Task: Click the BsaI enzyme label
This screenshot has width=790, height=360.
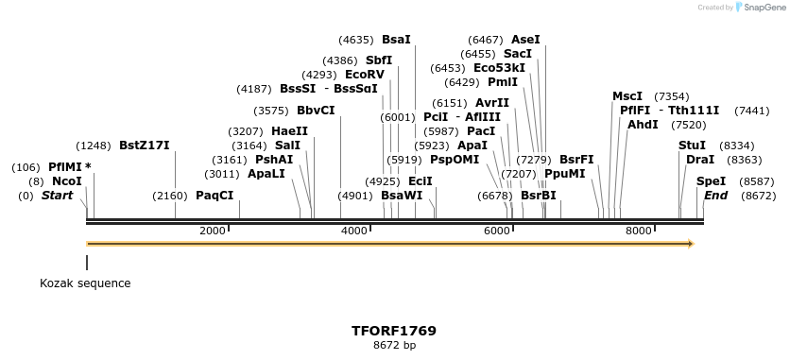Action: coord(396,41)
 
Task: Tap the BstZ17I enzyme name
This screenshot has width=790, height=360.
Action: coord(144,146)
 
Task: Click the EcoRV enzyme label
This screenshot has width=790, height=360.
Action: coord(365,74)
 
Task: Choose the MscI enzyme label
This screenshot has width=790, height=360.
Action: coord(627,96)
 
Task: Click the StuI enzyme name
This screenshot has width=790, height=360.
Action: coord(692,146)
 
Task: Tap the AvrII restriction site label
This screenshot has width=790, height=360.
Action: coord(491,103)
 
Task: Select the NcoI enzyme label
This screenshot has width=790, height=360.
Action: coord(67,180)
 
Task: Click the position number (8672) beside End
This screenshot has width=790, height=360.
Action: coord(759,196)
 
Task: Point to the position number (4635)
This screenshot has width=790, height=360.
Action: coord(356,41)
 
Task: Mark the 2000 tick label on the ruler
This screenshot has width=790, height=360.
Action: coord(212,231)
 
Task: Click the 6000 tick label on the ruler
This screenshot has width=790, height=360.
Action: coord(496,231)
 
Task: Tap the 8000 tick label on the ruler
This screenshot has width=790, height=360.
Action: coord(639,231)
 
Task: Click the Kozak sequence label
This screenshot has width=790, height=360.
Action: coord(85,283)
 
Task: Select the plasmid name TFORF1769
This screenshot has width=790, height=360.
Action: coord(394,332)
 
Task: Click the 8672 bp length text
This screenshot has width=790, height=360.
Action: coord(394,346)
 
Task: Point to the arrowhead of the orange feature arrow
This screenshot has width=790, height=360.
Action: coord(691,244)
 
